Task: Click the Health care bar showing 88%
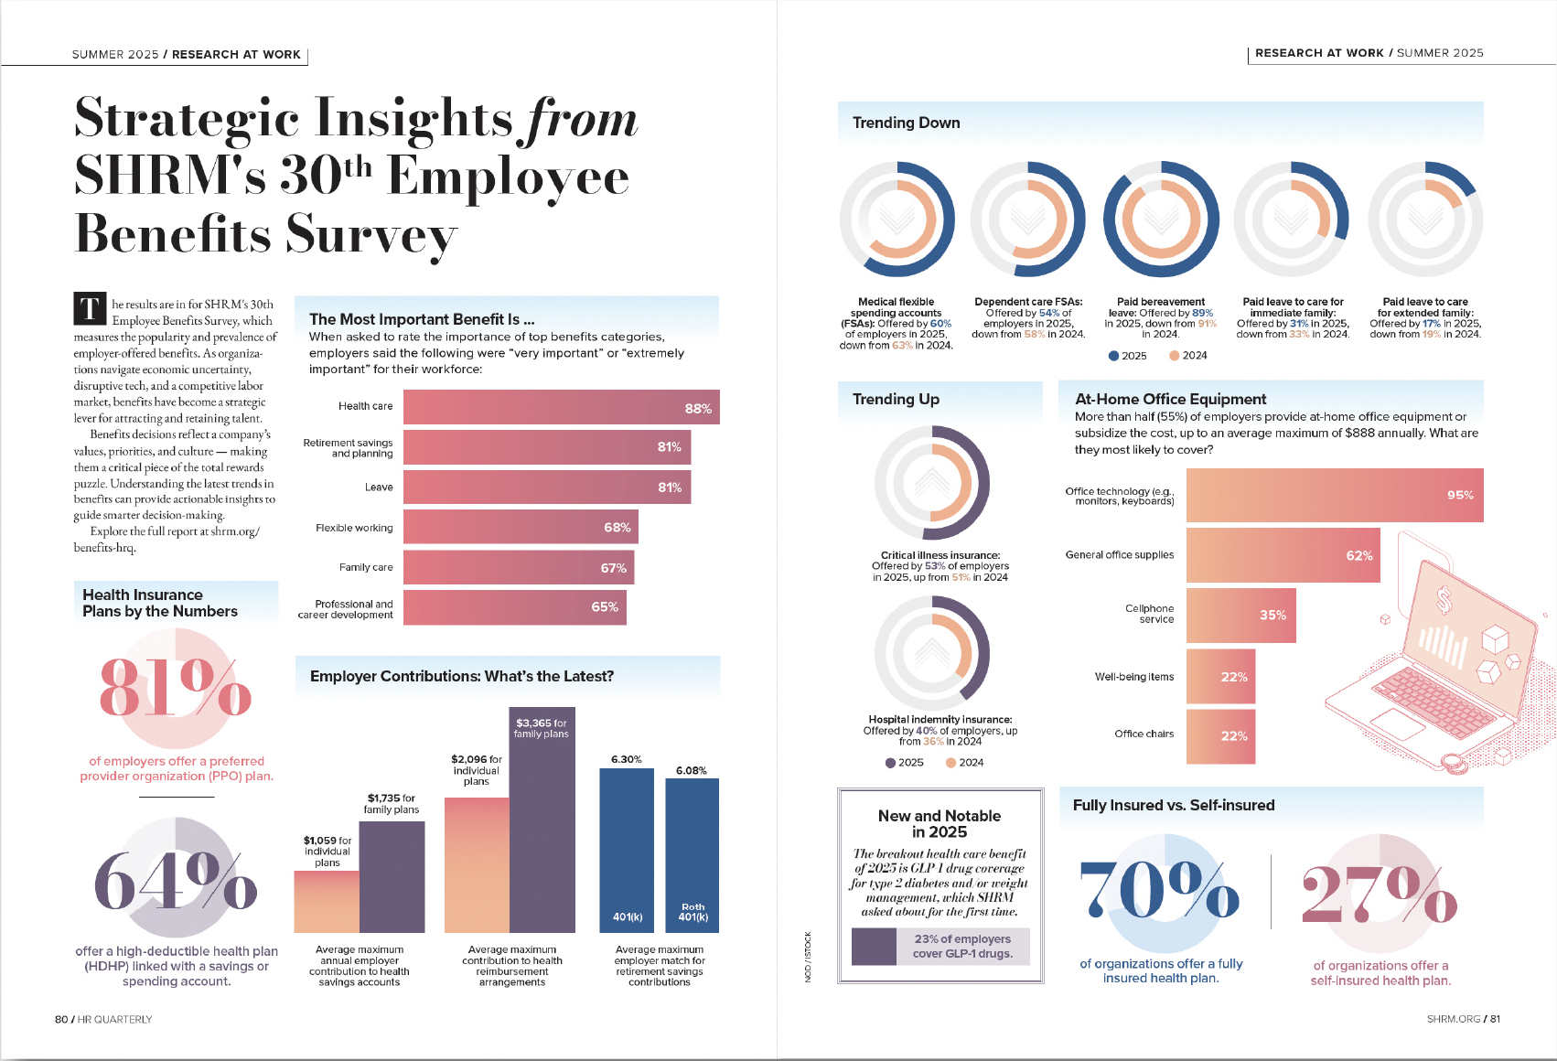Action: pos(561,407)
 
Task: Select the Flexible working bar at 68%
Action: pos(521,527)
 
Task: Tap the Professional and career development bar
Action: pos(514,607)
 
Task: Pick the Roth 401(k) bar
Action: pos(693,855)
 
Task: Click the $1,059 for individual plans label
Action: pos(328,852)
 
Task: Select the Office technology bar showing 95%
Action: pos(1334,495)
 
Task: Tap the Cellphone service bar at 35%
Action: pos(1240,615)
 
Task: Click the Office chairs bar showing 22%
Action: pos(1220,735)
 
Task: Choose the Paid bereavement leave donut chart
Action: pos(1161,220)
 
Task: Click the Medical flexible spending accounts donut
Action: pos(897,220)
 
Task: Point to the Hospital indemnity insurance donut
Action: pos(932,653)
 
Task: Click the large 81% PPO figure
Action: pos(175,688)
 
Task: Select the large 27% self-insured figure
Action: pos(1380,894)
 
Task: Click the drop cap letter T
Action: pos(90,309)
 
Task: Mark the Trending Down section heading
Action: pos(907,123)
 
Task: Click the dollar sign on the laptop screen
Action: pos(1444,600)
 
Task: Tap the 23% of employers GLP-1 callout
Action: pos(961,946)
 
